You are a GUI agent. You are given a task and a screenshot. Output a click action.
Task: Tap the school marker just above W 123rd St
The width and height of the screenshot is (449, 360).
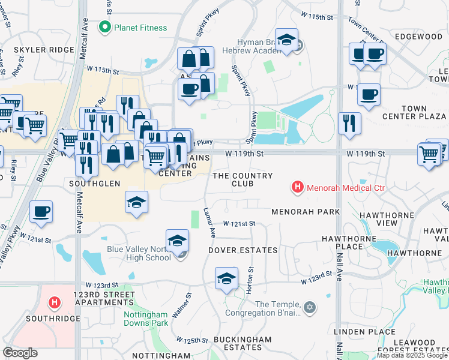pos(226,278)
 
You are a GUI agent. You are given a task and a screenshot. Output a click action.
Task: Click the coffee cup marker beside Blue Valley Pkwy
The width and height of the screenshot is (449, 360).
pos(41,212)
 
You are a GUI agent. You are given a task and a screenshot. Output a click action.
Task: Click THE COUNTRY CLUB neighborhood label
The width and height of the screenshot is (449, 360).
pos(243,179)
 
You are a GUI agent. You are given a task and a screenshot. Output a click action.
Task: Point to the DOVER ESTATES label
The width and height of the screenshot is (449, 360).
pos(243,250)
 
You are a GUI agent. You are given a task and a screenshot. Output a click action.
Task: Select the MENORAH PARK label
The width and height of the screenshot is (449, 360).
pos(305,212)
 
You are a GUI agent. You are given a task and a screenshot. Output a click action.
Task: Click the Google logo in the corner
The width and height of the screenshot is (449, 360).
pos(20,353)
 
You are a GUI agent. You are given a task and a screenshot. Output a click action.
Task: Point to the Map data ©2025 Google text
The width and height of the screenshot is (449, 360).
pos(412,355)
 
